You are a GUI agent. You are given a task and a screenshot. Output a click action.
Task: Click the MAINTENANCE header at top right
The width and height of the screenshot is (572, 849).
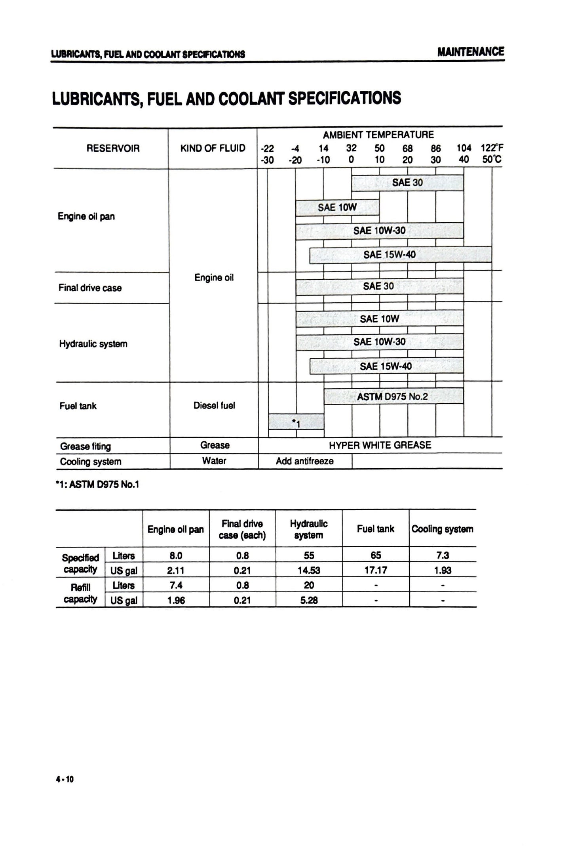(x=470, y=52)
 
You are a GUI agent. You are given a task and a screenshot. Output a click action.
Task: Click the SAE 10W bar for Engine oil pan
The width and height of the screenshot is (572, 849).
(x=337, y=208)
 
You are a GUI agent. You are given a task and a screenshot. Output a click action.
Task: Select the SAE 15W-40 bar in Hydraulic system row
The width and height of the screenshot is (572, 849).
(x=386, y=366)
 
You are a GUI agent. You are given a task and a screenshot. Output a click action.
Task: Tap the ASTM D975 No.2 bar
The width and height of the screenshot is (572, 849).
(x=393, y=397)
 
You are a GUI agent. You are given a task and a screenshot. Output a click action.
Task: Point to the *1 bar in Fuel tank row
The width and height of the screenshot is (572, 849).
(x=296, y=422)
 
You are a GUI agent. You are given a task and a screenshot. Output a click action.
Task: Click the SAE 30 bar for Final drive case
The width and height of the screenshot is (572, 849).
(x=379, y=286)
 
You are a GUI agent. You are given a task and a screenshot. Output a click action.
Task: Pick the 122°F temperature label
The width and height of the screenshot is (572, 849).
(x=492, y=149)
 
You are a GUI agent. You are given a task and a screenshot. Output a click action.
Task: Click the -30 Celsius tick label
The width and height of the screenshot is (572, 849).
(x=268, y=160)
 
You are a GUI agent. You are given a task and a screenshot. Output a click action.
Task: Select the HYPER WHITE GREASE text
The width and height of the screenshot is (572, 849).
(x=380, y=445)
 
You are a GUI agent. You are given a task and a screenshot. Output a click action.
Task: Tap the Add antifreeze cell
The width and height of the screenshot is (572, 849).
(x=304, y=461)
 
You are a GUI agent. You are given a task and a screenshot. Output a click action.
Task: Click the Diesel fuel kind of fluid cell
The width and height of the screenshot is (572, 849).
(x=214, y=406)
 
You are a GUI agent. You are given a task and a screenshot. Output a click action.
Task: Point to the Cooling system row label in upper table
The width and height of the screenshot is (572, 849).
(x=91, y=462)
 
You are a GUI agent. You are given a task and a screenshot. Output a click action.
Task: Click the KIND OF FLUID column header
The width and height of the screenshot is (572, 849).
(x=213, y=149)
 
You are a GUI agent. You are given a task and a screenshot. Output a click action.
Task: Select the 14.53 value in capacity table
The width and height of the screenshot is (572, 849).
(x=309, y=570)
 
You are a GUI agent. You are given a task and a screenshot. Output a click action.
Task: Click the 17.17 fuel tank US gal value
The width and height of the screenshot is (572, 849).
(x=376, y=570)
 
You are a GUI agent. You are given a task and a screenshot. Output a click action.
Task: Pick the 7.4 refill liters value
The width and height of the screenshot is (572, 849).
(x=176, y=586)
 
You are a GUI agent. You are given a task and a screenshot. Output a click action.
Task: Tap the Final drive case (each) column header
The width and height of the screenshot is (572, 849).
(x=242, y=529)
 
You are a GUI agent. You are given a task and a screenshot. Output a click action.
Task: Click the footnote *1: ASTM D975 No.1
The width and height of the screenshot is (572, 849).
(x=97, y=485)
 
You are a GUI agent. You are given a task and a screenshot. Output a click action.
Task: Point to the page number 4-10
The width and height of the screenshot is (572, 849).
(x=65, y=780)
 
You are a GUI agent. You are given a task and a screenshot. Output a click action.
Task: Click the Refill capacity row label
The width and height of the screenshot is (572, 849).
(x=80, y=593)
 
